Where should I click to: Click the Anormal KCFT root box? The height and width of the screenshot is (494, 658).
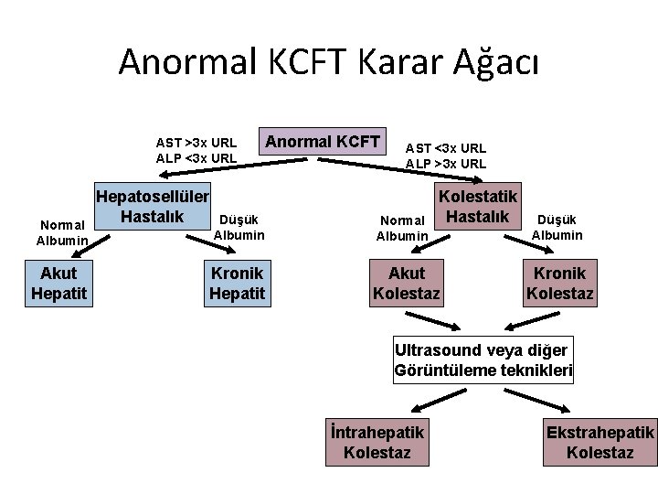pos(324,141)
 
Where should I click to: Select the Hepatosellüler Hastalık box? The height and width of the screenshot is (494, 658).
pos(154,207)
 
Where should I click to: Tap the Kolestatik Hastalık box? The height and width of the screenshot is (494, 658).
pos(478,207)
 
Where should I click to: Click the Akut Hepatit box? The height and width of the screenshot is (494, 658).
pos(59,283)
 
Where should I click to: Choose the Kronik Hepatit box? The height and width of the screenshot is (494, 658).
pos(238,283)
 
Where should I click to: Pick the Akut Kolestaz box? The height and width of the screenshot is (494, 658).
pos(407,283)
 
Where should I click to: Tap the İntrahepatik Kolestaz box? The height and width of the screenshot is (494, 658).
pos(377,442)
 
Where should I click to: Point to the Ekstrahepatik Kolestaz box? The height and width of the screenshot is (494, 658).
pos(600,442)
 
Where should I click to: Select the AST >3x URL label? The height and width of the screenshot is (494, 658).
pos(196,143)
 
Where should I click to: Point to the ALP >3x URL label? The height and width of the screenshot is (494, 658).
pos(446,164)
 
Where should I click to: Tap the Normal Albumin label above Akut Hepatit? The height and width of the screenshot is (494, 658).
pos(61,232)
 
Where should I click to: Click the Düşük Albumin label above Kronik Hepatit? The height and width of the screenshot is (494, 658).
pos(239,227)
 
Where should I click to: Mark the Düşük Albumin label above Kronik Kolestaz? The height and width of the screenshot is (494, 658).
pos(557,227)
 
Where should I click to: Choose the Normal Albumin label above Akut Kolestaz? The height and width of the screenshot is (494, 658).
pos(402,228)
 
